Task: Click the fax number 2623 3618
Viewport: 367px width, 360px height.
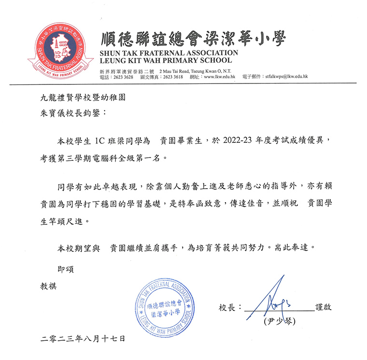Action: click(172, 77)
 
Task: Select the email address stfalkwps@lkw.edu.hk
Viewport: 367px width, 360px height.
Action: click(285, 77)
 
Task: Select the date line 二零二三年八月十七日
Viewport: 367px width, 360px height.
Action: click(83, 339)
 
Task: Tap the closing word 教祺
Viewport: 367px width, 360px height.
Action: click(49, 286)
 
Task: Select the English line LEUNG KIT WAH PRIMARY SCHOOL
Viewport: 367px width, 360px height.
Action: click(165, 60)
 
